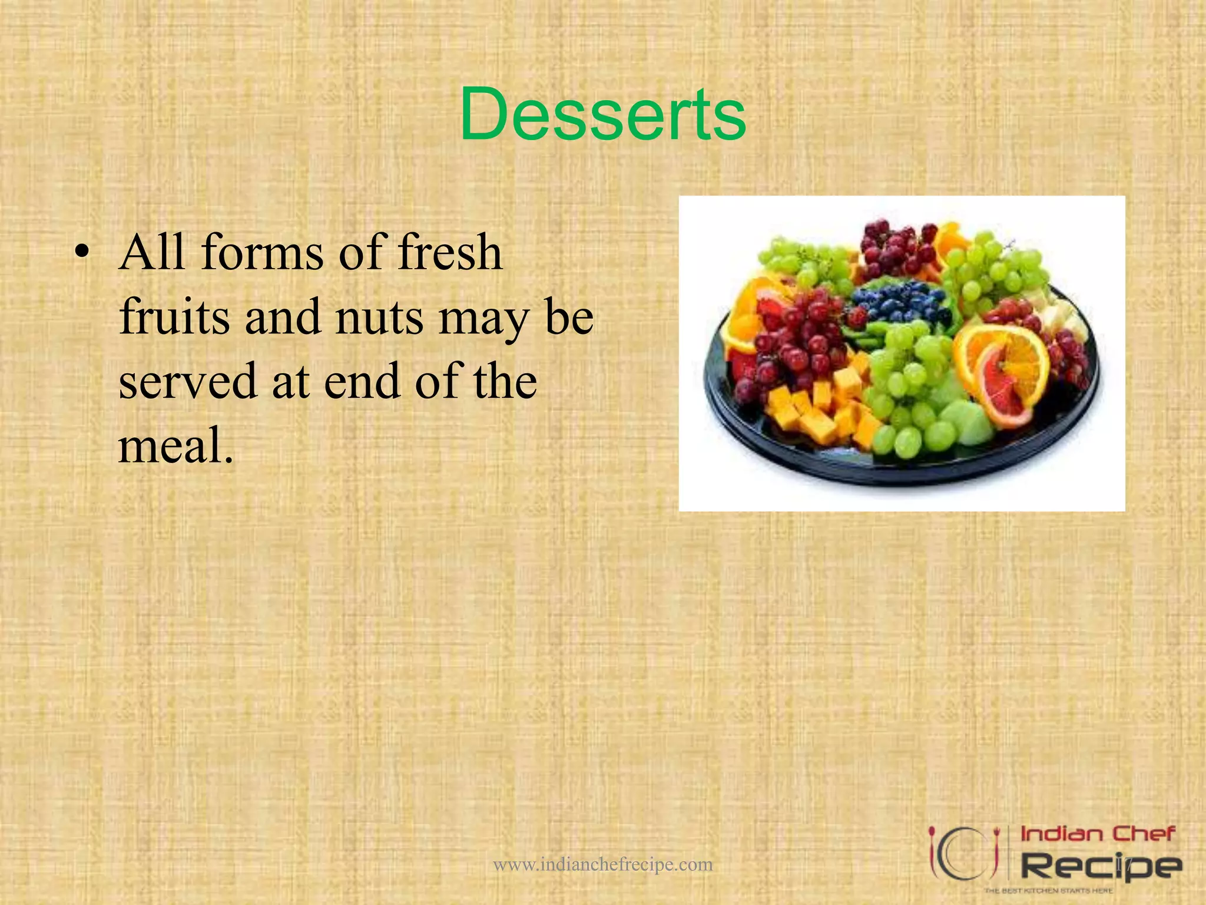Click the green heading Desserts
pos(602,114)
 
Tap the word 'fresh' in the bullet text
pos(450,253)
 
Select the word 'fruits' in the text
pos(174,317)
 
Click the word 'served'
pos(187,382)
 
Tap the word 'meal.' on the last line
pos(175,445)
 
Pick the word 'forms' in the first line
pos(263,253)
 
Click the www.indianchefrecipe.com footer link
pos(602,864)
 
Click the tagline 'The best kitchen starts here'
pos(1048,890)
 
